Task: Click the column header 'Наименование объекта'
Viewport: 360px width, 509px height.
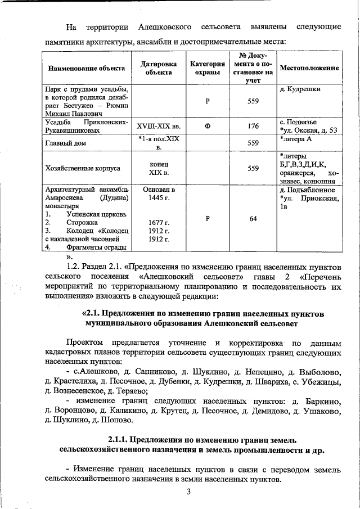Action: [x=87, y=68]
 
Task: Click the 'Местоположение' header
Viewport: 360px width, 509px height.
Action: [x=309, y=68]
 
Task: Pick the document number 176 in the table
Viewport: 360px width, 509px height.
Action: [x=253, y=127]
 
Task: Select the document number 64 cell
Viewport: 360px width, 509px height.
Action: [x=253, y=219]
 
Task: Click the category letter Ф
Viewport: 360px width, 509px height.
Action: [x=208, y=127]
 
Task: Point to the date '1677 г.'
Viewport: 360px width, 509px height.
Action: [x=157, y=223]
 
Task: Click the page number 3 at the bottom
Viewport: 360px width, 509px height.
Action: [x=190, y=493]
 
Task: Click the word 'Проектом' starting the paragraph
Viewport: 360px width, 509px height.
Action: [x=85, y=343]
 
